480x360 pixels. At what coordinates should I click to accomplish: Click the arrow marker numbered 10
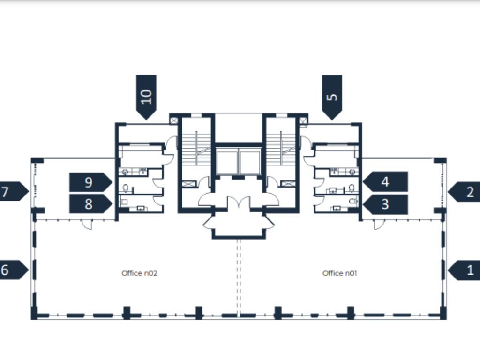146,96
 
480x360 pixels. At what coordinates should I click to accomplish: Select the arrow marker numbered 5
332,96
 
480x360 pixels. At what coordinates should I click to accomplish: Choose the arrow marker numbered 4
385,182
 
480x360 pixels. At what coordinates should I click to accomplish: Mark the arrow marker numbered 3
385,204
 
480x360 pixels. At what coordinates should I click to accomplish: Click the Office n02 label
139,273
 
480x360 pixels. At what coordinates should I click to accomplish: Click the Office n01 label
340,273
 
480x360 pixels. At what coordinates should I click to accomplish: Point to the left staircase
196,148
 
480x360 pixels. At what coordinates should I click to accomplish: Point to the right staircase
281,148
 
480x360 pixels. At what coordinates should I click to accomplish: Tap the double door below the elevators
239,204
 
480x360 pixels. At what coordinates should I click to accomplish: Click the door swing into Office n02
86,225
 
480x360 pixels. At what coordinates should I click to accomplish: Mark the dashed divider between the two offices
239,277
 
